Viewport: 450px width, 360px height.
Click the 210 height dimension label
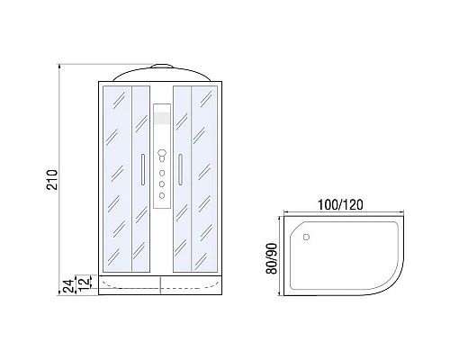52,179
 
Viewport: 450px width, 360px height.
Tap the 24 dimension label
68,286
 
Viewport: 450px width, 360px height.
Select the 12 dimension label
85,282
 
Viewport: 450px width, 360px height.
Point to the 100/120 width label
340,204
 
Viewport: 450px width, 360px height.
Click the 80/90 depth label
272,258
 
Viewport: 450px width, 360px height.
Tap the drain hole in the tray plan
306,237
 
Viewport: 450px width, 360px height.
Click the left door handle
143,169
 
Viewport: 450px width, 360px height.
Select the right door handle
180,169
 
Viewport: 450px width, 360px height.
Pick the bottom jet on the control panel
162,195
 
